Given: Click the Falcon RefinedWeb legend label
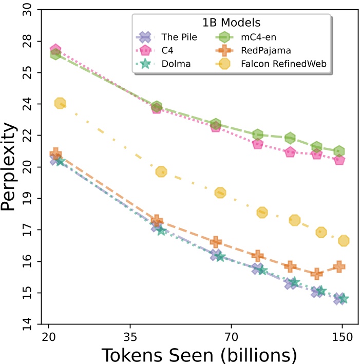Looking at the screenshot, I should pyautogui.click(x=293, y=64).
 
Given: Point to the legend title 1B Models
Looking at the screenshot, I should pyautogui.click(x=231, y=23).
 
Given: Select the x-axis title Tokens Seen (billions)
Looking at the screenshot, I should pyautogui.click(x=199, y=354).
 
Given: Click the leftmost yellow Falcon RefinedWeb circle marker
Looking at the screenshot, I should pyautogui.click(x=60, y=103).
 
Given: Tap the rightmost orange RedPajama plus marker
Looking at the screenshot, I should pyautogui.click(x=339, y=266).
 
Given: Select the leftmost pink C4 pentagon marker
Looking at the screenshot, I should pyautogui.click(x=55, y=50).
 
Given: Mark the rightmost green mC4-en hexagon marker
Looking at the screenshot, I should pyautogui.click(x=339, y=151).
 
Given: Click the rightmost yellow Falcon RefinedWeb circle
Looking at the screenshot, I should pyautogui.click(x=344, y=241).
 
